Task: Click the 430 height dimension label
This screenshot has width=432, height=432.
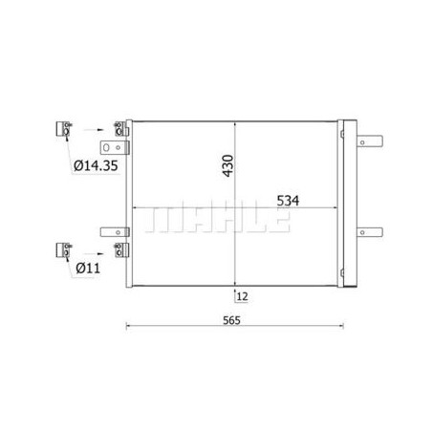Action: click(x=228, y=165)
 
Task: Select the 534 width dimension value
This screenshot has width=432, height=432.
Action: click(x=288, y=201)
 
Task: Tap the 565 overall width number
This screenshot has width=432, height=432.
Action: click(x=231, y=320)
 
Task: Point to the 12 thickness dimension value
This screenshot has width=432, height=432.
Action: click(x=243, y=296)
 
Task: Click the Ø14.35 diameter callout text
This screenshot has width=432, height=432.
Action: click(x=96, y=165)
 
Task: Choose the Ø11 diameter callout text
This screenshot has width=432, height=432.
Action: click(x=88, y=269)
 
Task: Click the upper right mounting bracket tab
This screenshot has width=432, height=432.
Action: click(x=370, y=141)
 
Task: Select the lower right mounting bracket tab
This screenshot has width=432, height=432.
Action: click(x=370, y=232)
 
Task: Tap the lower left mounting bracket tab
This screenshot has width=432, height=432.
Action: click(x=115, y=232)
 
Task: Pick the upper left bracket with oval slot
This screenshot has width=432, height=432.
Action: click(x=115, y=147)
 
